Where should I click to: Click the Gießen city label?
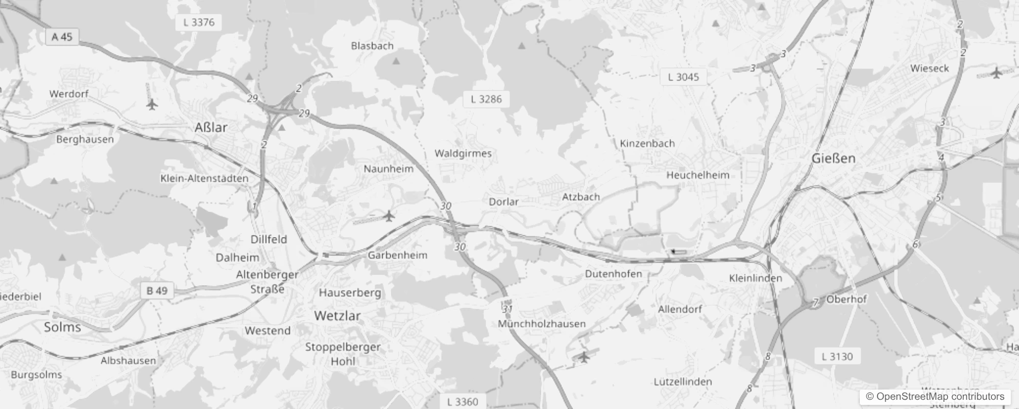(x=833, y=158)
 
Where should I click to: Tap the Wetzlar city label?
(x=337, y=315)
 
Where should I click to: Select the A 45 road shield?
(x=62, y=37)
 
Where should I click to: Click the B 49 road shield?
(x=157, y=290)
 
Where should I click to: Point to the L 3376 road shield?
(x=199, y=22)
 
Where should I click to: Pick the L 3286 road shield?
(x=486, y=99)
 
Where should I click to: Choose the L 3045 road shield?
(x=683, y=77)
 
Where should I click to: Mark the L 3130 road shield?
(x=837, y=356)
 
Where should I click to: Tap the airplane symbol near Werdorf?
(x=152, y=104)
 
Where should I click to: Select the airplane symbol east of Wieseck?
(x=997, y=73)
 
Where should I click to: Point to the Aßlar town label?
(x=211, y=127)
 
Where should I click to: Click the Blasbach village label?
(x=372, y=46)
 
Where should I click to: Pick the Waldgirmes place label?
(x=463, y=153)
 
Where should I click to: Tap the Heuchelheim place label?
(x=697, y=175)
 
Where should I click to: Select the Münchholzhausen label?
(x=542, y=324)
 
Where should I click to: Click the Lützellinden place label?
(x=683, y=382)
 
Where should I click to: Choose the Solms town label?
(x=62, y=327)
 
